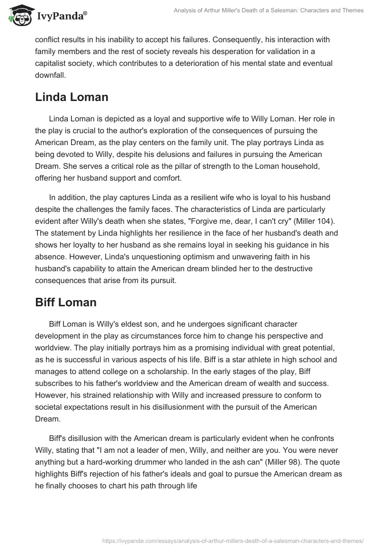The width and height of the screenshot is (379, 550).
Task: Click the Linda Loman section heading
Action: click(72, 97)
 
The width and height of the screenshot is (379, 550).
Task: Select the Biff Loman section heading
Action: click(66, 303)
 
